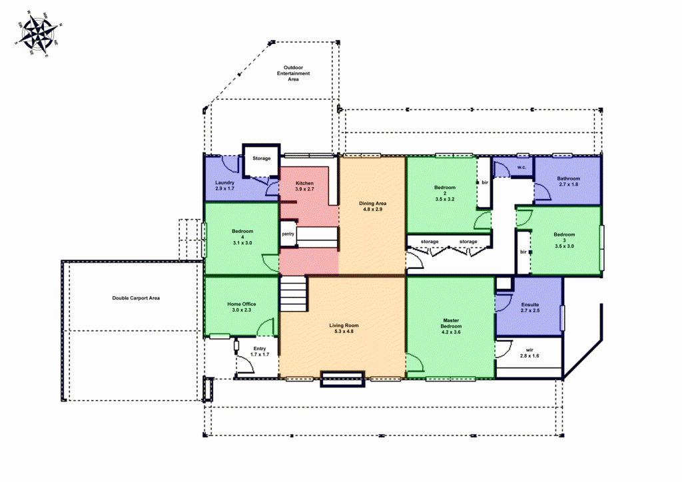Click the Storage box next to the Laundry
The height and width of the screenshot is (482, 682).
tap(261, 158)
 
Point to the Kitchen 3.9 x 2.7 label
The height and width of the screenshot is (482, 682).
tap(304, 186)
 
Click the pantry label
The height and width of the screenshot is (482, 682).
tap(288, 234)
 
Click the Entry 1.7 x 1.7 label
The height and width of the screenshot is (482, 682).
tap(260, 351)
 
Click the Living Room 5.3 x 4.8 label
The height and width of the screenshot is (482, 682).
tap(344, 328)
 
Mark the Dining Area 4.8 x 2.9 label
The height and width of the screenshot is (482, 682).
tap(373, 206)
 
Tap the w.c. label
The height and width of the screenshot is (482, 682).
tap(521, 167)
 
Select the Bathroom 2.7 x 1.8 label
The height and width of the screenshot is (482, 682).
tap(568, 181)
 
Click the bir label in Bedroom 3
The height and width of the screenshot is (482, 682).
tap(523, 252)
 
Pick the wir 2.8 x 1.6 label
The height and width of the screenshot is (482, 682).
tap(529, 352)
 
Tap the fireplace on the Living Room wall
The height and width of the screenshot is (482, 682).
tap(343, 379)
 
